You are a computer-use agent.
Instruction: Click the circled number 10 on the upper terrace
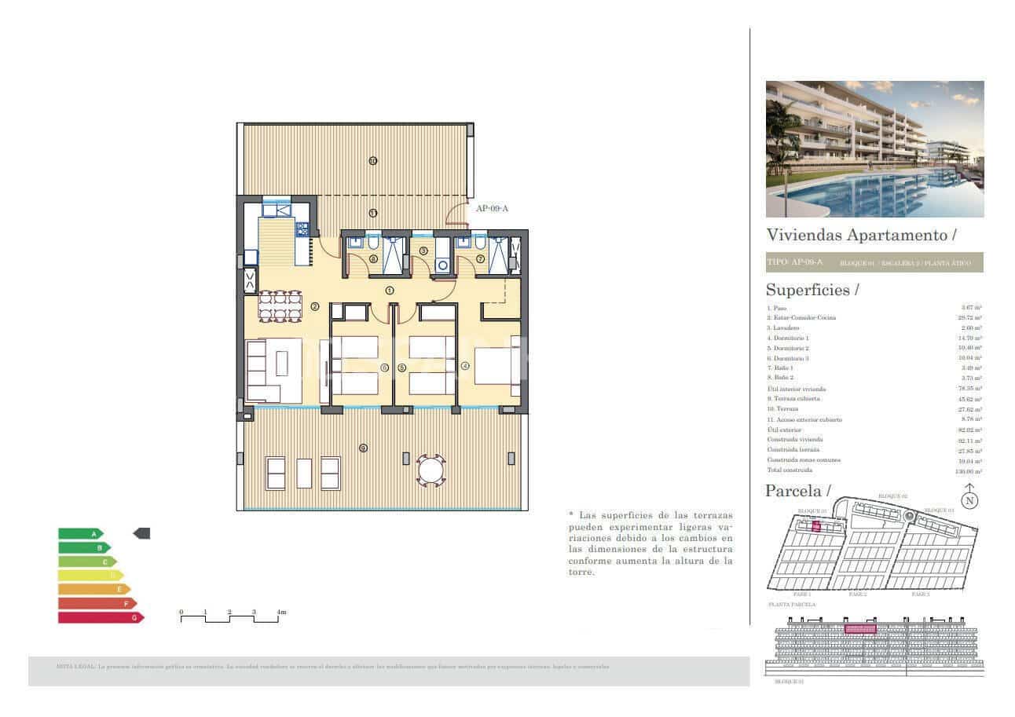point(372,161)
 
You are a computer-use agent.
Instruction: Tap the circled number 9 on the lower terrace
point(363,448)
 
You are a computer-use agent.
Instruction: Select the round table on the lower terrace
point(431,470)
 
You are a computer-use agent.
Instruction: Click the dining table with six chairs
point(280,305)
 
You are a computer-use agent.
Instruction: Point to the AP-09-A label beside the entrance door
point(493,208)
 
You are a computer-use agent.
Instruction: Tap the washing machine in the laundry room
point(442,265)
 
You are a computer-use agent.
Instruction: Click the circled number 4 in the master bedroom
point(465,366)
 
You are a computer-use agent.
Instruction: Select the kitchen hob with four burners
point(301,229)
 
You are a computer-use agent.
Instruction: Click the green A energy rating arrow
point(80,534)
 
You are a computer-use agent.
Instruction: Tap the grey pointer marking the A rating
point(141,534)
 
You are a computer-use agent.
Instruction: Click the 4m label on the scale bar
point(281,612)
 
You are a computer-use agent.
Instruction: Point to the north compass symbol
point(970,498)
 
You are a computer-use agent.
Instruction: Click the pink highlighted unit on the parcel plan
point(815,527)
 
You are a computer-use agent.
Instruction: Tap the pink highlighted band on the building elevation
point(859,629)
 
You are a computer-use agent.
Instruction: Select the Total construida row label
point(790,470)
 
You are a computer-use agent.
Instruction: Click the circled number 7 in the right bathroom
point(480,258)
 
